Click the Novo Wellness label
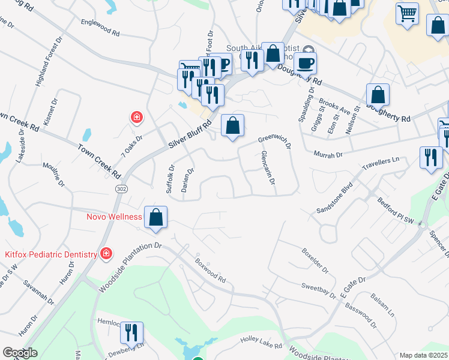click(x=114, y=217)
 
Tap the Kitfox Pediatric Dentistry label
click(x=51, y=254)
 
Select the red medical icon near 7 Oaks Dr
click(x=137, y=117)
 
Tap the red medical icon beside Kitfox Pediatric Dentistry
click(x=106, y=254)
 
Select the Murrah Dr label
click(x=328, y=154)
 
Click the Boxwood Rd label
click(x=209, y=271)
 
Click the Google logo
click(x=20, y=353)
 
